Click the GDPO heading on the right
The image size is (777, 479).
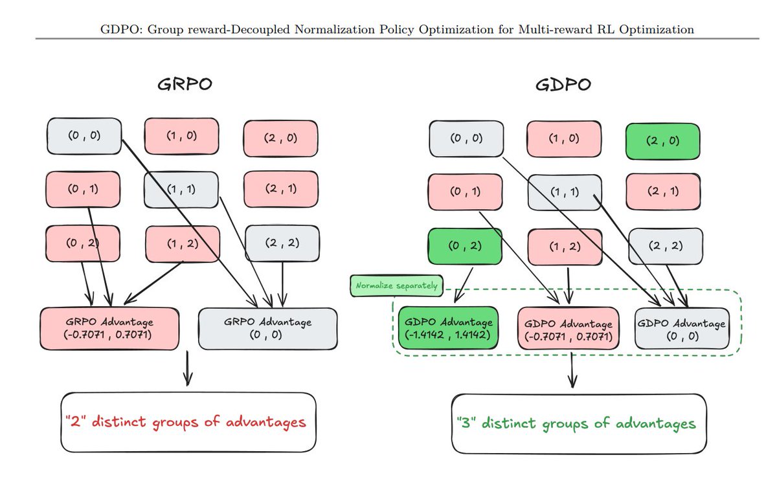pyautogui.click(x=563, y=85)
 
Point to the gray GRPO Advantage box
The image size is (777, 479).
pyautogui.click(x=268, y=328)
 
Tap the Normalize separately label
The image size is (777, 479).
pyautogui.click(x=394, y=285)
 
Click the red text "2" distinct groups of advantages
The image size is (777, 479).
pyautogui.click(x=185, y=422)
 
